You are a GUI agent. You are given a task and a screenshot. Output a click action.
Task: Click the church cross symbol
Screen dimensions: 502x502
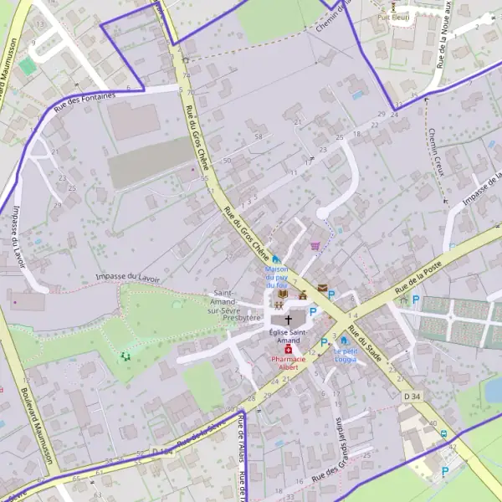pyautogui.click(x=289, y=319)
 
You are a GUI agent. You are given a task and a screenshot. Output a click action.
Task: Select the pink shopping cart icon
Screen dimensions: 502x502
pyautogui.click(x=315, y=246)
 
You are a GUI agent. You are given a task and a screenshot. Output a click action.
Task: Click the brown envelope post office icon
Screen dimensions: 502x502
pyautogui.click(x=323, y=289)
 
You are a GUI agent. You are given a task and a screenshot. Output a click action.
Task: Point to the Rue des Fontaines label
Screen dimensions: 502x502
pyautogui.click(x=84, y=102)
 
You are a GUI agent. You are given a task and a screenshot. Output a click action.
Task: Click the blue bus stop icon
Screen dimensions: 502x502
pyautogui.click(x=443, y=433)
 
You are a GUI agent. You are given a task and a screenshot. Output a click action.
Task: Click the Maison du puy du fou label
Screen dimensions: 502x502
pyautogui.click(x=276, y=277)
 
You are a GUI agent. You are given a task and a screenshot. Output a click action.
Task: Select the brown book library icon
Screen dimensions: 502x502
pyautogui.click(x=283, y=295)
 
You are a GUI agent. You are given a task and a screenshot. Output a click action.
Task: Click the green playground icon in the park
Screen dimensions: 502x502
pyautogui.click(x=126, y=356)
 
